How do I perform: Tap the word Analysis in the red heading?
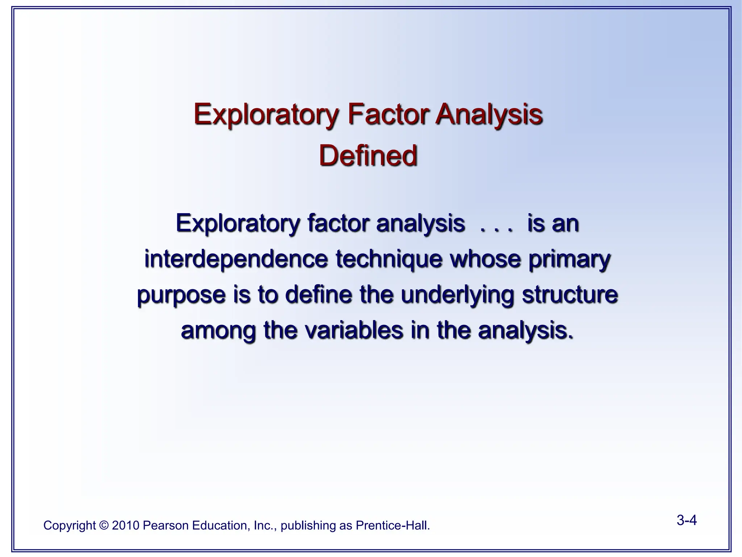[x=489, y=114]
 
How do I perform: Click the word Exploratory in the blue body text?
[x=237, y=224]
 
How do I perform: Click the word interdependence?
[x=235, y=259]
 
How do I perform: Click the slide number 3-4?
[x=687, y=521]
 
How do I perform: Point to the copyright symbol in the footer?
[x=104, y=525]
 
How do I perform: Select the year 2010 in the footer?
[x=125, y=525]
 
